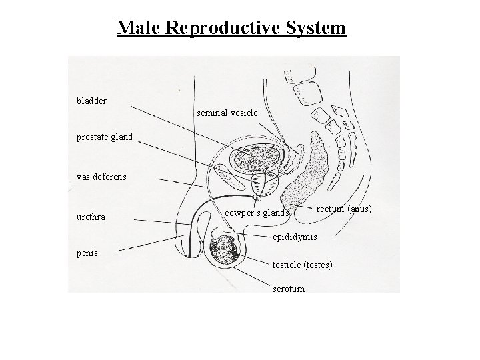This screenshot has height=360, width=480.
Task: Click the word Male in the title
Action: pyautogui.click(x=138, y=28)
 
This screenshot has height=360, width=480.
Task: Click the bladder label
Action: pyautogui.click(x=91, y=101)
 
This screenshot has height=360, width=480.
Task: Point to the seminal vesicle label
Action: pyautogui.click(x=227, y=113)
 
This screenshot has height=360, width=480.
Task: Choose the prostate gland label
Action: pyautogui.click(x=105, y=137)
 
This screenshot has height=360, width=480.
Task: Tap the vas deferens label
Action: pyautogui.click(x=101, y=177)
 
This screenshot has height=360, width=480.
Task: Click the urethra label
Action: pyautogui.click(x=91, y=217)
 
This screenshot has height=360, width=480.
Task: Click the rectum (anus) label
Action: pyautogui.click(x=343, y=209)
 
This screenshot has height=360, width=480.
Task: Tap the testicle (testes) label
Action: pyautogui.click(x=303, y=265)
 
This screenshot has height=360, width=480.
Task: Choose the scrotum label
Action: pyautogui.click(x=289, y=289)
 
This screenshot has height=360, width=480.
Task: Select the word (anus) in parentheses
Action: pyautogui.click(x=359, y=209)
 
